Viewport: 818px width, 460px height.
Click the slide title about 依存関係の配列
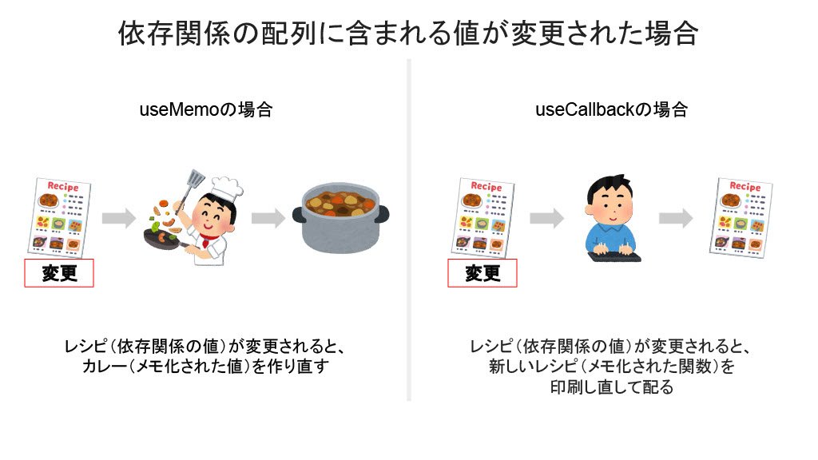coord(408,34)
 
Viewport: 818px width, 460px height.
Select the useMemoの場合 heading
coord(205,110)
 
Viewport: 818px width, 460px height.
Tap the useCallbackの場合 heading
coord(611,110)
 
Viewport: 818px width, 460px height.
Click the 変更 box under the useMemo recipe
coord(60,273)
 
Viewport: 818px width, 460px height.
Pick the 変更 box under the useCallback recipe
coord(482,273)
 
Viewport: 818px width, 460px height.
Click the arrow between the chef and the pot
coord(268,217)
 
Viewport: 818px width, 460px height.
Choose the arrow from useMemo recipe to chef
coord(119,217)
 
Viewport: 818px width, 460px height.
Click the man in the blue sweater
coord(610,216)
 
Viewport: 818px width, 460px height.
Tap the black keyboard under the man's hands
coord(613,256)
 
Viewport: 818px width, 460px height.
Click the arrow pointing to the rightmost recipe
coord(676,217)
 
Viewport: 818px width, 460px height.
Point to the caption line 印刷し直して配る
coord(611,387)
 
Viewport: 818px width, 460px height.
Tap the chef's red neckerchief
coord(209,239)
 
